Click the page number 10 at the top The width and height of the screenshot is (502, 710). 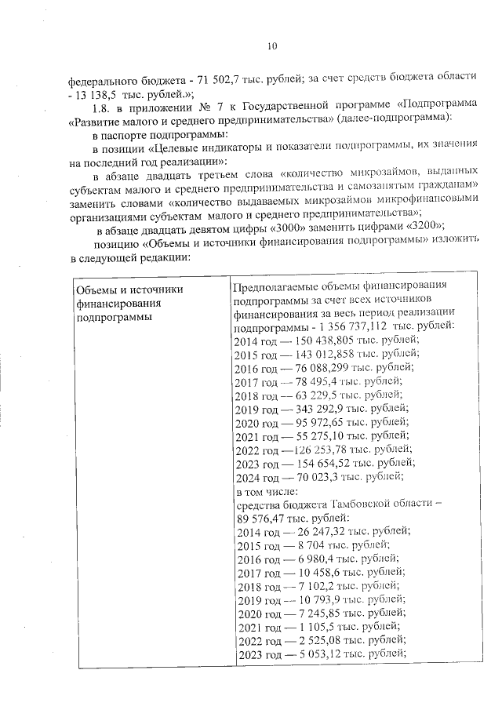(272, 46)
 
